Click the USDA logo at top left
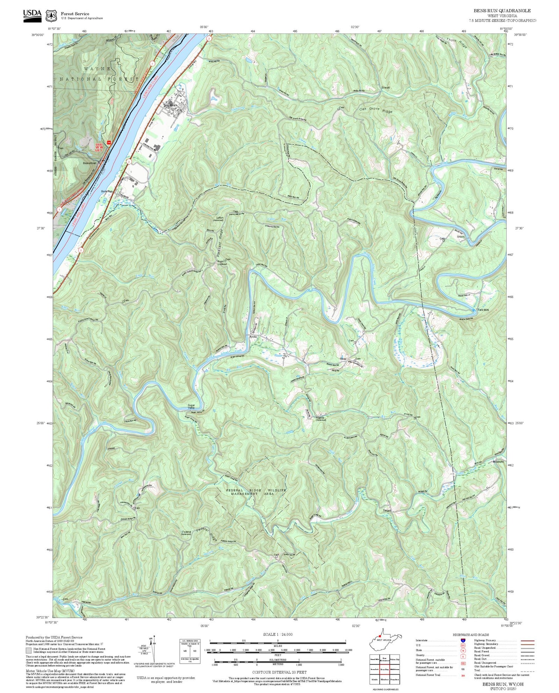point(32,15)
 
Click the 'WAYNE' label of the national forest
point(97,69)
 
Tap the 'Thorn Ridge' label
point(457,43)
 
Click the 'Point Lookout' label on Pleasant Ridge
point(221,262)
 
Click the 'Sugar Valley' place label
point(192,406)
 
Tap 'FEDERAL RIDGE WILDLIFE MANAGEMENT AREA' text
point(256,492)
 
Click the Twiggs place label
point(386,510)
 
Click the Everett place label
point(385,88)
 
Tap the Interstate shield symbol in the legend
point(462,640)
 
